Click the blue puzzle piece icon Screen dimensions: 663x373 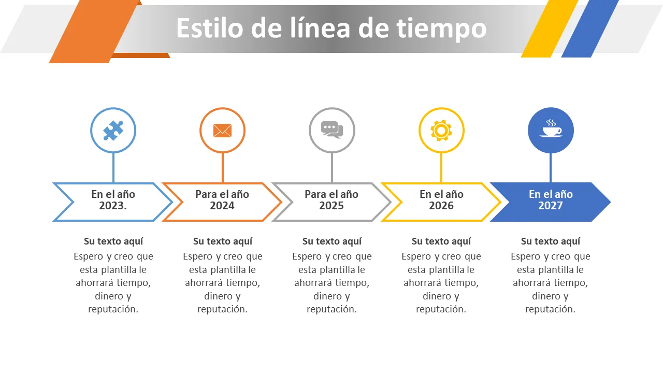pyautogui.click(x=113, y=130)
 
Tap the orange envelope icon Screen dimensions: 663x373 pyautogui.click(x=222, y=131)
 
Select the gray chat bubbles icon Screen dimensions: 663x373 pyautogui.click(x=332, y=130)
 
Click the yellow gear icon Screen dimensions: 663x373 pyautogui.click(x=441, y=131)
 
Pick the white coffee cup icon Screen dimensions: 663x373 pyautogui.click(x=551, y=128)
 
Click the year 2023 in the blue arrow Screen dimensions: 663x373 pyautogui.click(x=113, y=206)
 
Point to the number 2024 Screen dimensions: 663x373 pyautogui.click(x=222, y=206)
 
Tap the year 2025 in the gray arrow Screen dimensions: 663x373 pyautogui.click(x=331, y=206)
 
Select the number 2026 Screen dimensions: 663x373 pyautogui.click(x=441, y=206)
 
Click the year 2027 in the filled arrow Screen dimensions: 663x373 pyautogui.click(x=550, y=206)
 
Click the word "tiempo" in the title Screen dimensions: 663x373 pyautogui.click(x=441, y=28)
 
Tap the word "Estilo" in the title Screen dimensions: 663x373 pyautogui.click(x=210, y=27)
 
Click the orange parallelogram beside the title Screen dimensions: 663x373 pyautogui.click(x=94, y=32)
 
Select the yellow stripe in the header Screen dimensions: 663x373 pyautogui.click(x=550, y=28)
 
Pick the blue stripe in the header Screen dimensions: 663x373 pyautogui.click(x=590, y=28)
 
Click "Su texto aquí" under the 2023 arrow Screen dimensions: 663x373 pyautogui.click(x=113, y=241)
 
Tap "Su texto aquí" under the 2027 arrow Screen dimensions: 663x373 pyautogui.click(x=551, y=241)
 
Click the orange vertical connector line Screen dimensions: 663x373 pyautogui.click(x=223, y=168)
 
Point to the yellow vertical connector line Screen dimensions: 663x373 pyautogui.click(x=441, y=168)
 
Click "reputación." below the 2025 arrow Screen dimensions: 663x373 pyautogui.click(x=332, y=309)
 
